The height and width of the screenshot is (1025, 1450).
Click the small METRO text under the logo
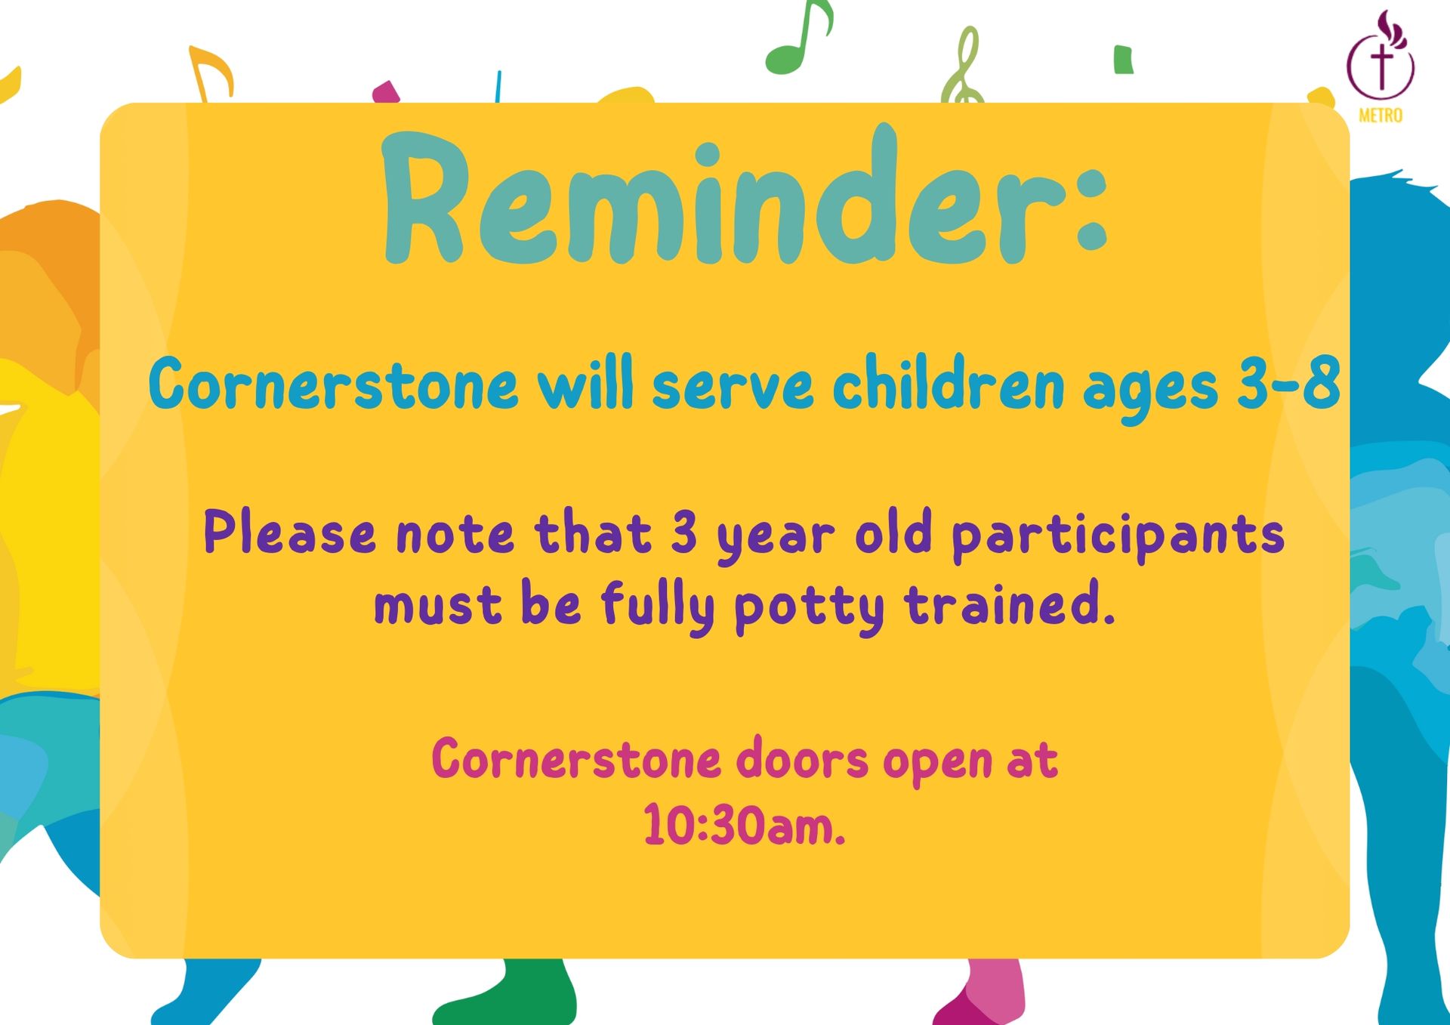tap(1381, 115)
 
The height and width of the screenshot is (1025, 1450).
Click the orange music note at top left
tap(211, 74)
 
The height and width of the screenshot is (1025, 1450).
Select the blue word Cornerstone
tap(333, 384)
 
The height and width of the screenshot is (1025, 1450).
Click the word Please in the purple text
tap(290, 532)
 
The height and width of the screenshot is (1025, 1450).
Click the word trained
tap(1010, 604)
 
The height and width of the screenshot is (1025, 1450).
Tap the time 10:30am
tap(744, 824)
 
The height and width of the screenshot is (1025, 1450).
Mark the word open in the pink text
tap(937, 763)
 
